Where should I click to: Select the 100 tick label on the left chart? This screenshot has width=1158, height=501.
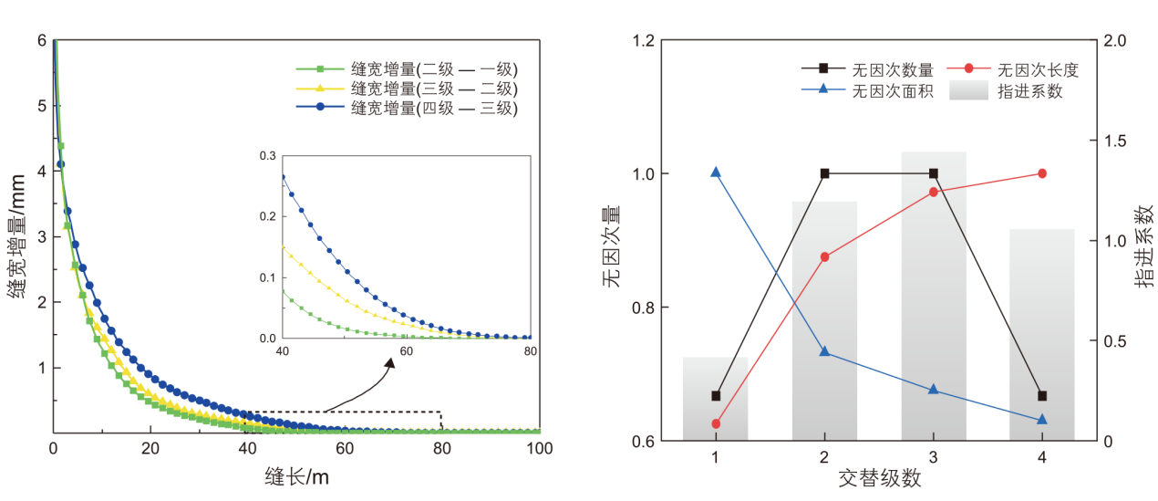[x=540, y=449]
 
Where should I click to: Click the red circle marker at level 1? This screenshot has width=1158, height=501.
[x=716, y=423]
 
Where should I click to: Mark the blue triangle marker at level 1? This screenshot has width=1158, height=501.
[x=716, y=172]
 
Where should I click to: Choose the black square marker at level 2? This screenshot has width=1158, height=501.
[x=824, y=173]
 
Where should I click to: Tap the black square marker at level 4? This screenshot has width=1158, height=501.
[x=1042, y=396]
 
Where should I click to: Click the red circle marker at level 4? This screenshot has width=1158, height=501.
[x=1042, y=173]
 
